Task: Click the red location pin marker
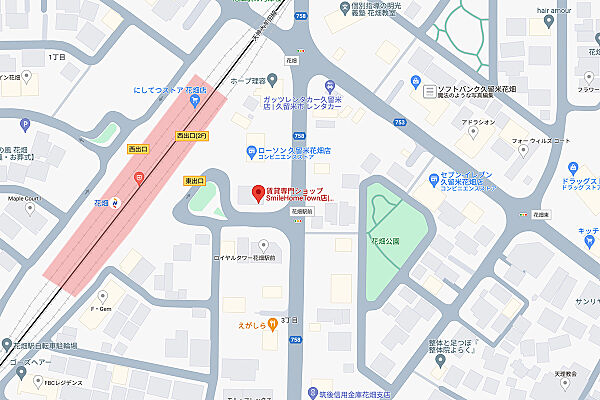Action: [256, 190]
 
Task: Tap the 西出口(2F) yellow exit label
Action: [190, 135]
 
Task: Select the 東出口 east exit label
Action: [194, 181]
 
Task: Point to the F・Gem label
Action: [100, 310]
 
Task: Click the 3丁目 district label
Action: [290, 319]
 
